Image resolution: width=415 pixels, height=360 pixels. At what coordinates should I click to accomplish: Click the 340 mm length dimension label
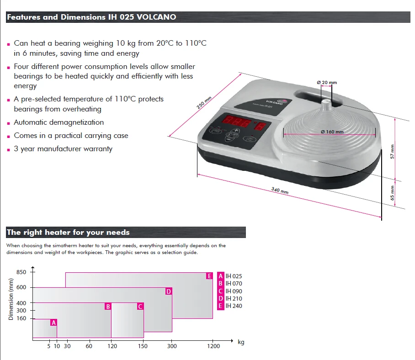pos(280,191)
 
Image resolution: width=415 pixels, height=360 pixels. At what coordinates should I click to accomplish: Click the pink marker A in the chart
pos(53,323)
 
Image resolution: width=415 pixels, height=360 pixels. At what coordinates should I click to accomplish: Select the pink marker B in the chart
pos(108,307)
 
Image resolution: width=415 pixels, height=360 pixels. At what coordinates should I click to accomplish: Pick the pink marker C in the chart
pos(140,307)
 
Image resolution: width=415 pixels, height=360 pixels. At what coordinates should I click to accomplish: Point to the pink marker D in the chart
pos(169,291)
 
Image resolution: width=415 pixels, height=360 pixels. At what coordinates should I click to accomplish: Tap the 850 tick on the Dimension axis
pos(21,272)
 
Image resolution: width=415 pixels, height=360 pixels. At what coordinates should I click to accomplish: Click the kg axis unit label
pos(241,342)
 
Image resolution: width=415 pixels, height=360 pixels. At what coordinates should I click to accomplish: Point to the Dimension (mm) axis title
pos(11,300)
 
